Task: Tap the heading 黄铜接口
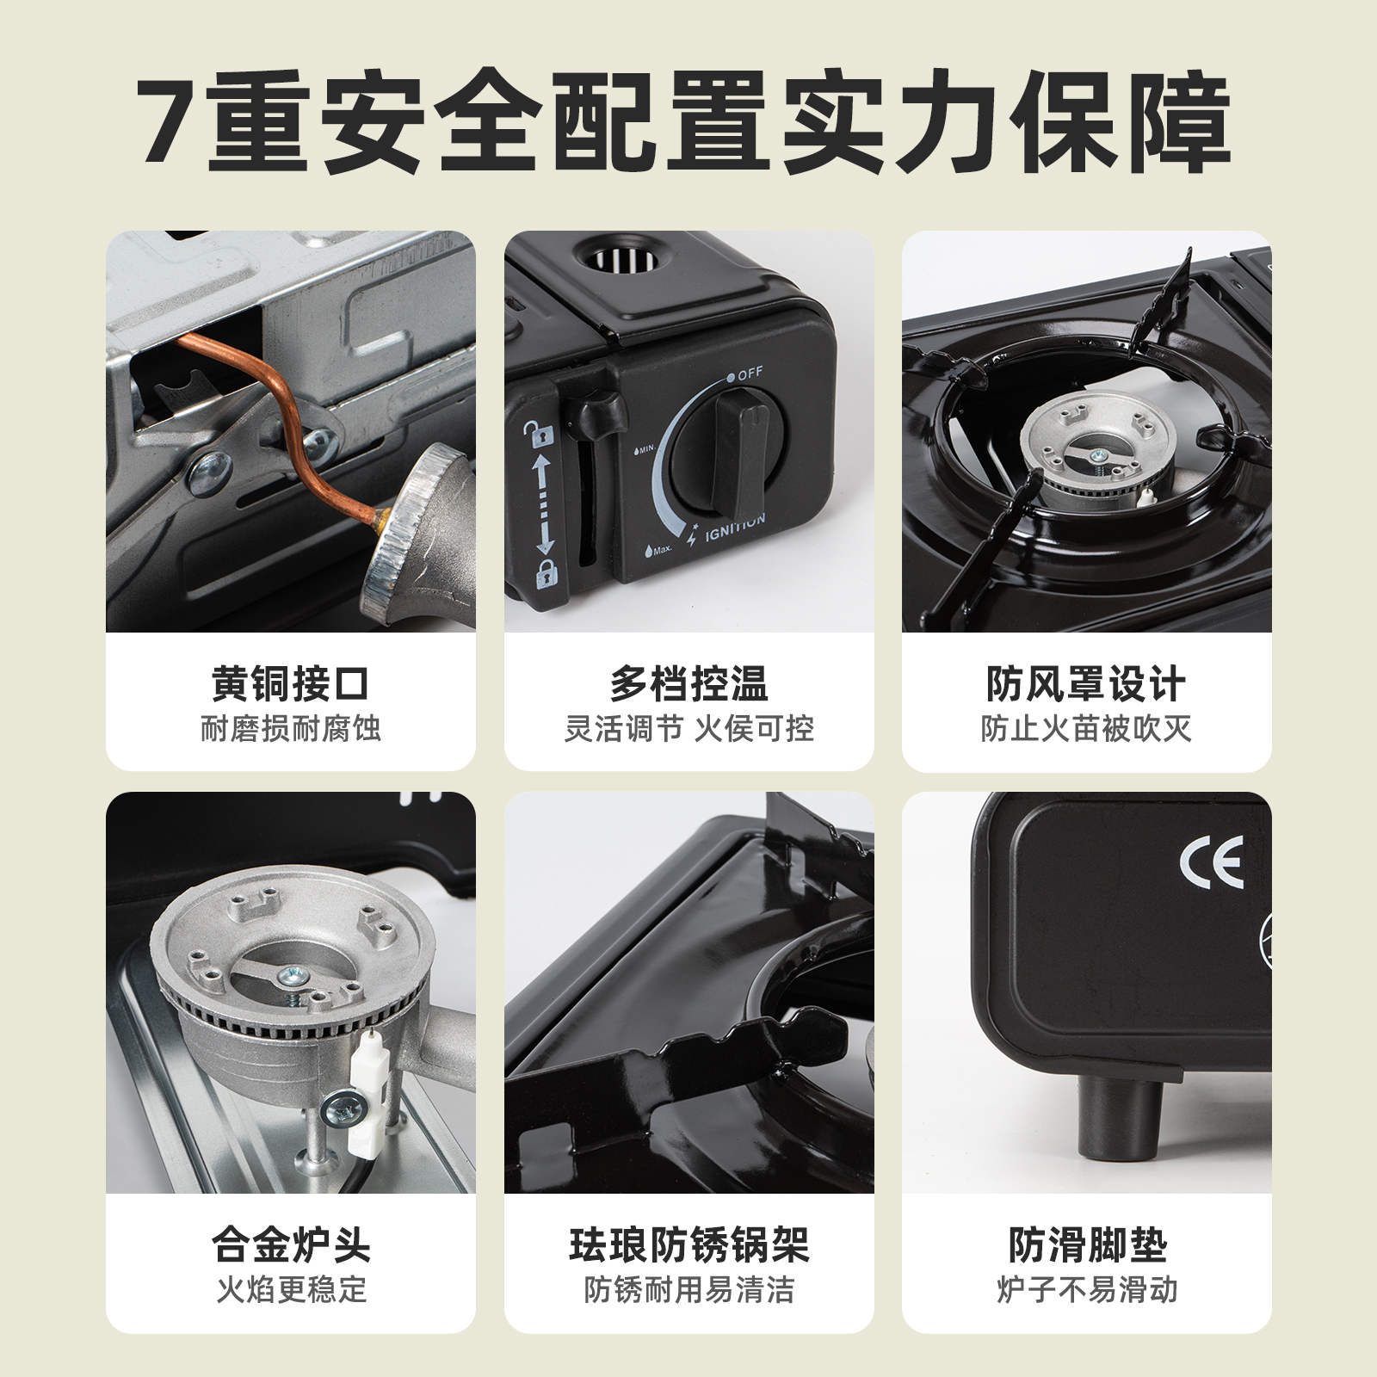point(290,685)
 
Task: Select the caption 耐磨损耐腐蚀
point(290,729)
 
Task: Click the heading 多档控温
point(688,685)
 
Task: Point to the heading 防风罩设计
point(1086,685)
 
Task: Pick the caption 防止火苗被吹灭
point(1086,729)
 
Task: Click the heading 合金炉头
point(290,1245)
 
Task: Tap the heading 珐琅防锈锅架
point(688,1245)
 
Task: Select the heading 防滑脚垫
point(1086,1245)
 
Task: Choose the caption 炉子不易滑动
point(1086,1289)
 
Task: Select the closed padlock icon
point(546,571)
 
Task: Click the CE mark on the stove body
point(1211,861)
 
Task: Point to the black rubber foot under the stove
point(1119,1119)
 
